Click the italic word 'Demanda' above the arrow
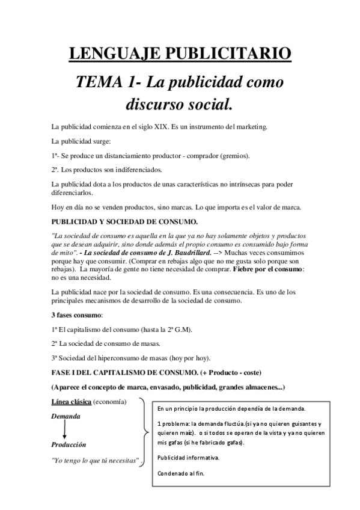(x=66, y=416)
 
